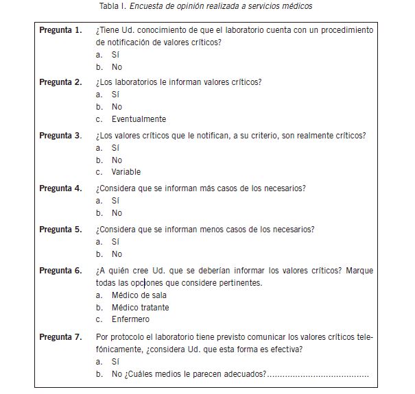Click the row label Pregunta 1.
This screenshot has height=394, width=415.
(60, 31)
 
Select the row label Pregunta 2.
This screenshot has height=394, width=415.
(60, 82)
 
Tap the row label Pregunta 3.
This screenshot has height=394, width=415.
(60, 136)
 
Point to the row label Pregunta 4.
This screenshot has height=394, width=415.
(60, 188)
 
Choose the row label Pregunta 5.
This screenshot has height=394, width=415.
(60, 230)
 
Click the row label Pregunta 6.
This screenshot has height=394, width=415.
(60, 271)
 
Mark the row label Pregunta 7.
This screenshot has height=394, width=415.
(60, 336)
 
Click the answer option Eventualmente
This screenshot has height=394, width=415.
(139, 119)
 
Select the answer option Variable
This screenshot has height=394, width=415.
(126, 172)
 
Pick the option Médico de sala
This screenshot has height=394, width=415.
(139, 295)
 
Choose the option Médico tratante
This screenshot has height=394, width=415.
(141, 308)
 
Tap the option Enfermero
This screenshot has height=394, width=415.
(130, 319)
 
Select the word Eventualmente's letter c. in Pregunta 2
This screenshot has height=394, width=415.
(99, 119)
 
